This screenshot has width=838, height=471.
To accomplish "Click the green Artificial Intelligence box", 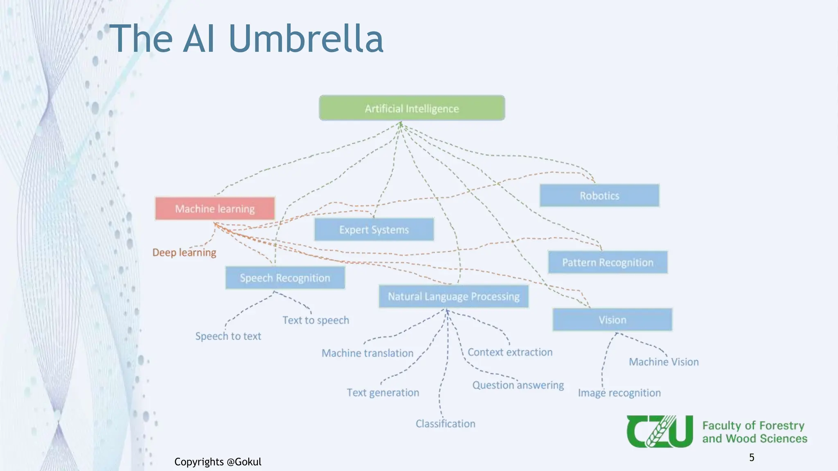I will [x=412, y=108].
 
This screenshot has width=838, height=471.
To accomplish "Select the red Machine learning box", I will [x=215, y=209].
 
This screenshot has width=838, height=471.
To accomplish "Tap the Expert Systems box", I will [x=374, y=230].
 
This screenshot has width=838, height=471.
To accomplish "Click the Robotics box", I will [x=599, y=196].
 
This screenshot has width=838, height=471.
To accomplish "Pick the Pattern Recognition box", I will [x=608, y=262].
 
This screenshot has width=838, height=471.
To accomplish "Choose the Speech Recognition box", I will [x=285, y=278].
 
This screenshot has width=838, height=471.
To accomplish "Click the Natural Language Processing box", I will [x=453, y=296].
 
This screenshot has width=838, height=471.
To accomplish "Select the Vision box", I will [x=612, y=320].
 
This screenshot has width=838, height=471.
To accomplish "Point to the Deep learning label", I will [x=184, y=253].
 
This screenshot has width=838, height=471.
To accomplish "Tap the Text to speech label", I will [x=315, y=320].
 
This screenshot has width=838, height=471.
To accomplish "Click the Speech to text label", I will [x=228, y=336].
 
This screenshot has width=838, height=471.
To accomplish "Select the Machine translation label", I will [x=367, y=353].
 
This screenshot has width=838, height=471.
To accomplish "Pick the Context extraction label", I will [x=510, y=352].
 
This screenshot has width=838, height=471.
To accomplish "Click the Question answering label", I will [x=518, y=385].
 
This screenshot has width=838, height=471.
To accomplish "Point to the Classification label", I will [x=445, y=424].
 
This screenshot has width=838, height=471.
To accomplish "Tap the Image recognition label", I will [x=619, y=393].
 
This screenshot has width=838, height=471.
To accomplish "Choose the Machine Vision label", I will [x=664, y=362].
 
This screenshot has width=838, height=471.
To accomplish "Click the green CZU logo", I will [x=660, y=432].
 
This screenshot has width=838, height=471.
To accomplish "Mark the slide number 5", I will [x=751, y=458].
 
